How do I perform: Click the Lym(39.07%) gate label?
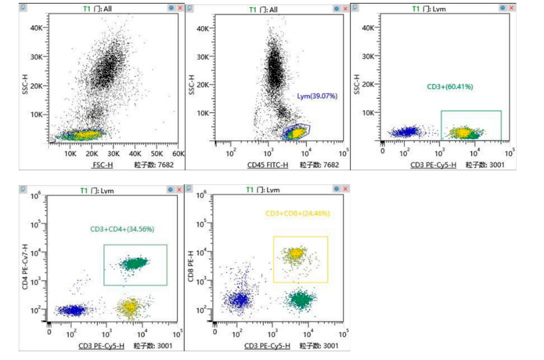[x=317, y=96]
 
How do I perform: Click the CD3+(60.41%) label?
[x=450, y=86]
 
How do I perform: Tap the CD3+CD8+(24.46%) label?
[x=297, y=213]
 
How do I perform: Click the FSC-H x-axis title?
[x=102, y=165]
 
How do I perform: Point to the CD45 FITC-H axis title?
[x=267, y=165]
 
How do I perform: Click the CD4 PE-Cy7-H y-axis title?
[x=25, y=266]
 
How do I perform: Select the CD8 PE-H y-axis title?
[x=190, y=266]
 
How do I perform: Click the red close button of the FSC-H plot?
[x=179, y=8]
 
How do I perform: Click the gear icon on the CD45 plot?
[x=336, y=8]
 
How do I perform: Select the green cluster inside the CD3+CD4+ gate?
[x=134, y=263]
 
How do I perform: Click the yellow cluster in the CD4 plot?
[x=129, y=307]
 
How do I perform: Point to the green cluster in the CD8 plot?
[x=299, y=298]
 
